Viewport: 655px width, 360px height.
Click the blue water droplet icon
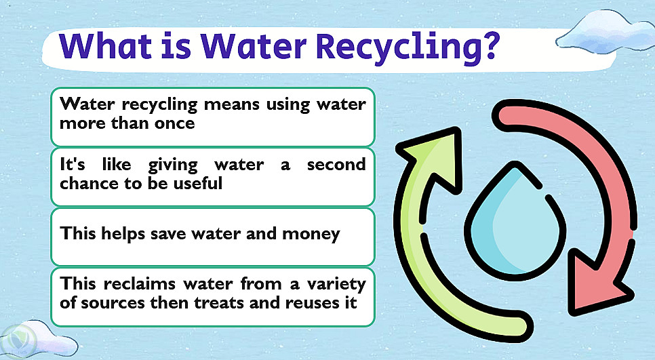tap(515, 220)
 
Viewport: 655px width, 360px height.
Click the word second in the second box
tap(336, 165)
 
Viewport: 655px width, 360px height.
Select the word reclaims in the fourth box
tap(140, 284)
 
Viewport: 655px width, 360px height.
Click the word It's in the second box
tap(73, 164)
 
